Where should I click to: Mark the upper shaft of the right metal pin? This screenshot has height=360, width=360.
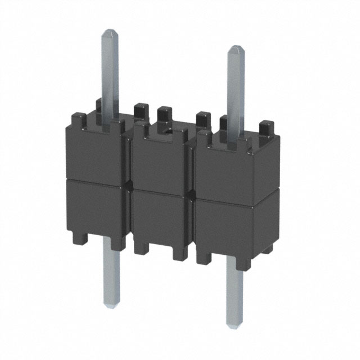pyautogui.click(x=235, y=90)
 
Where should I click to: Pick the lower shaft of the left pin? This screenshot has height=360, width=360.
pyautogui.click(x=111, y=276)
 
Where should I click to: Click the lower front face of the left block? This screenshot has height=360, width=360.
pyautogui.click(x=96, y=208)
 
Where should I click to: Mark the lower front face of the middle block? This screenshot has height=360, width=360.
pyautogui.click(x=159, y=217)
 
